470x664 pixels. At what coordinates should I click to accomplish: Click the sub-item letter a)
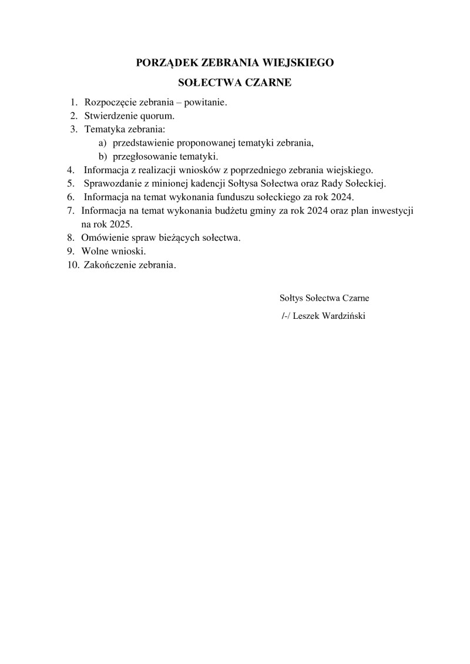tap(102, 143)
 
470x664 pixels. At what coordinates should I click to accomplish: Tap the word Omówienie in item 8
tap(104, 238)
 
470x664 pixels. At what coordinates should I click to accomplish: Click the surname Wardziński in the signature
tap(341, 316)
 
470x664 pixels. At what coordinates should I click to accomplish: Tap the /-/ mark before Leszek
tap(286, 316)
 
